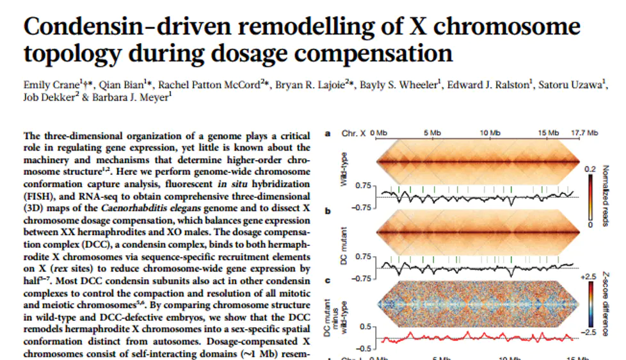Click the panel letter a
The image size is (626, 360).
(328, 133)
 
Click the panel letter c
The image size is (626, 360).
(328, 280)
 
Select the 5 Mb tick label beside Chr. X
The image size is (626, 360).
(433, 133)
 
